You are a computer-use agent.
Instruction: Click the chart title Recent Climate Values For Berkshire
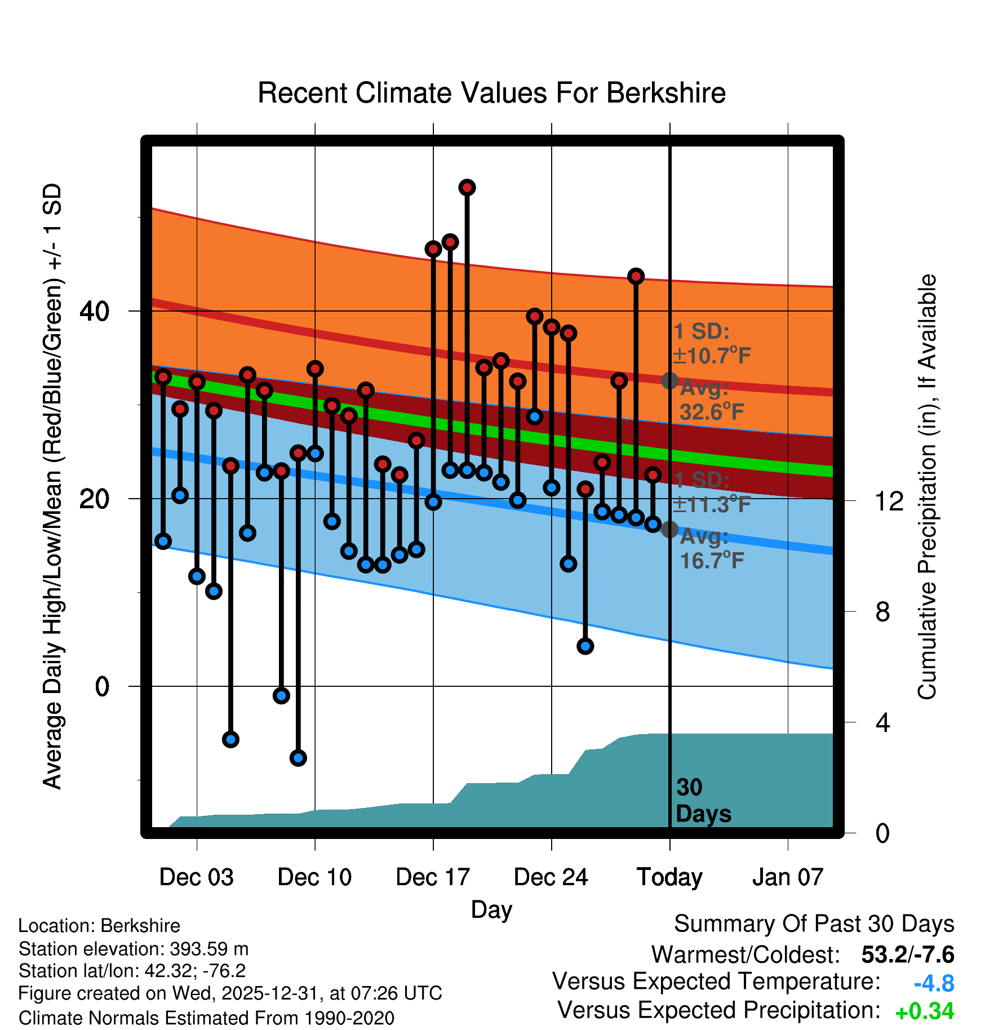491,93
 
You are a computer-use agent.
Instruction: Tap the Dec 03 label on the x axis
196,877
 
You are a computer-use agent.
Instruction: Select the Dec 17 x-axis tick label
433,877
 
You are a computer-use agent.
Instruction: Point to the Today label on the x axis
669,877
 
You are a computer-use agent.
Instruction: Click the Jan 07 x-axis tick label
788,877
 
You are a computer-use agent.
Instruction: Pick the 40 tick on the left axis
94,311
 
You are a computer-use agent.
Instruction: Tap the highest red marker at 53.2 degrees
467,188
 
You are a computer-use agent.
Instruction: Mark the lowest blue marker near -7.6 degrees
298,758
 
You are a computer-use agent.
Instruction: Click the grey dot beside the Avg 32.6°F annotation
669,381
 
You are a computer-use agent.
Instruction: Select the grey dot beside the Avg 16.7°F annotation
669,530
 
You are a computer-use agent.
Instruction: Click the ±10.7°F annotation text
712,356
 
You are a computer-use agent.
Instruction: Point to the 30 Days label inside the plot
703,801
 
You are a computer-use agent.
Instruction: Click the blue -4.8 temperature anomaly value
934,983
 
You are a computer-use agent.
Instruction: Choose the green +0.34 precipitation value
925,1011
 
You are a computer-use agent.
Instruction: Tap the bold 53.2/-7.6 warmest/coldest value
907,954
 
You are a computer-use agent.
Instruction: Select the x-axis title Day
491,909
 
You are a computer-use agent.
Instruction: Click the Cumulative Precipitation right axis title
927,487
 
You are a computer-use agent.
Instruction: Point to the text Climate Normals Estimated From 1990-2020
206,1018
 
